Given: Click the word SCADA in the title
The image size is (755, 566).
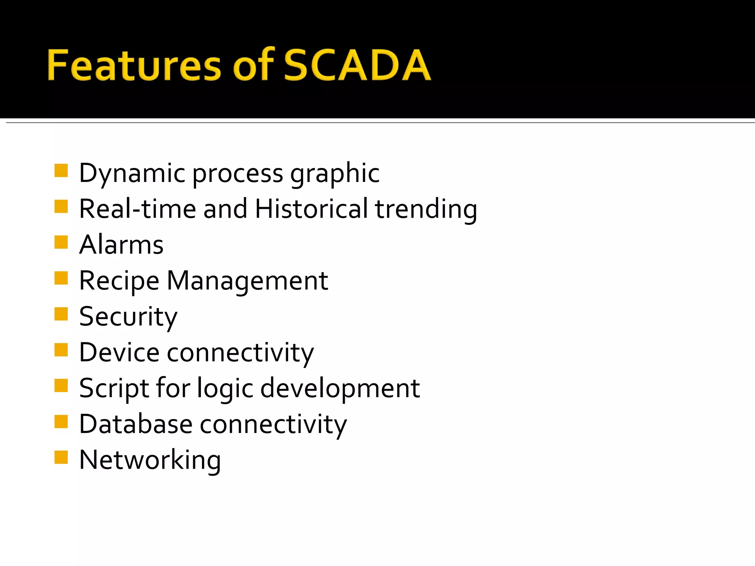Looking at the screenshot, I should click(357, 65).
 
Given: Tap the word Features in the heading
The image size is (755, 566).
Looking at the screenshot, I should click(134, 65).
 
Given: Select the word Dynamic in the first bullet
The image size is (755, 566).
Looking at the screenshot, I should click(132, 173).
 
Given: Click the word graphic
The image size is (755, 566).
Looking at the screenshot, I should click(335, 173).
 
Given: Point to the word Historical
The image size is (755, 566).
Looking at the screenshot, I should click(311, 209).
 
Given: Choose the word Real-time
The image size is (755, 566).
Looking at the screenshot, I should click(137, 209).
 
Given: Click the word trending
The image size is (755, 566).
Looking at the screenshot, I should click(426, 209).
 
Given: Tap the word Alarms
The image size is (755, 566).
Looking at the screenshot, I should click(121, 245).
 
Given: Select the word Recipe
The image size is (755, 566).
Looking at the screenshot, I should click(119, 281).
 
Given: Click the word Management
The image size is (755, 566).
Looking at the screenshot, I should click(247, 281).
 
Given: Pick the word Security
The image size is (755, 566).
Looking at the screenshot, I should click(128, 317).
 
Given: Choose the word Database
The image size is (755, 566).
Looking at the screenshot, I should click(136, 424).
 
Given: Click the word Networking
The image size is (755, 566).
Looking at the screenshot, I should click(150, 460).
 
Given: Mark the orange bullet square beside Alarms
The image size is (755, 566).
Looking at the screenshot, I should click(61, 242).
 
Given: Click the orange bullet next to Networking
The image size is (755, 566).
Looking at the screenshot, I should click(61, 457).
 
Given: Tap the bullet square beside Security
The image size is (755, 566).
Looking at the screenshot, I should click(61, 314).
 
